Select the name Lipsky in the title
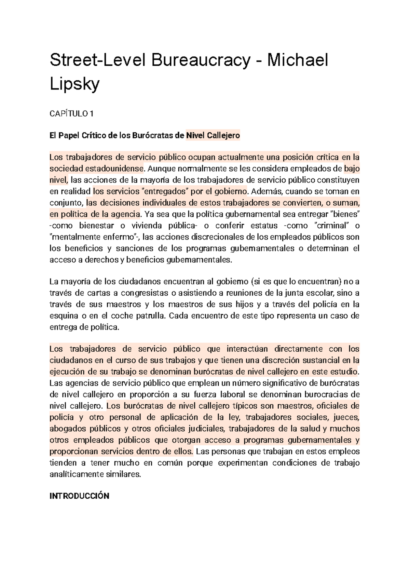[x=74, y=84]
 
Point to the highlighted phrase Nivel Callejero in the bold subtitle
[x=213, y=136]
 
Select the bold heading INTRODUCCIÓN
[x=79, y=496]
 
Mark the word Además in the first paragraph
[x=263, y=191]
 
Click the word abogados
[x=67, y=429]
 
